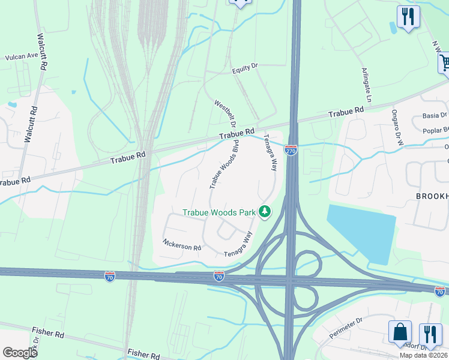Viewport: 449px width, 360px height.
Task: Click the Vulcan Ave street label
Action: pyautogui.click(x=22, y=56)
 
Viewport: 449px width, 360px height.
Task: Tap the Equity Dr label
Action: pyautogui.click(x=244, y=69)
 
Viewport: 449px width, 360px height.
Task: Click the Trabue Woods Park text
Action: pyautogui.click(x=218, y=212)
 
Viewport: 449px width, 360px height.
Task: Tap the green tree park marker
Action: pyautogui.click(x=264, y=211)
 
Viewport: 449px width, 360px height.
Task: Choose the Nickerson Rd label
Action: pyautogui.click(x=181, y=245)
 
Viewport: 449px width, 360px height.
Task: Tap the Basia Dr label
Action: pyautogui.click(x=435, y=115)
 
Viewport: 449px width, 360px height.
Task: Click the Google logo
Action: pyautogui.click(x=19, y=352)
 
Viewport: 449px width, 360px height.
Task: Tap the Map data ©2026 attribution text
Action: pyautogui.click(x=424, y=355)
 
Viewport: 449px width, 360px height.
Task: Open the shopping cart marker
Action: pyautogui.click(x=444, y=62)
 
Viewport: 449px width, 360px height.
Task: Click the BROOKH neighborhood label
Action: pyautogui.click(x=432, y=197)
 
